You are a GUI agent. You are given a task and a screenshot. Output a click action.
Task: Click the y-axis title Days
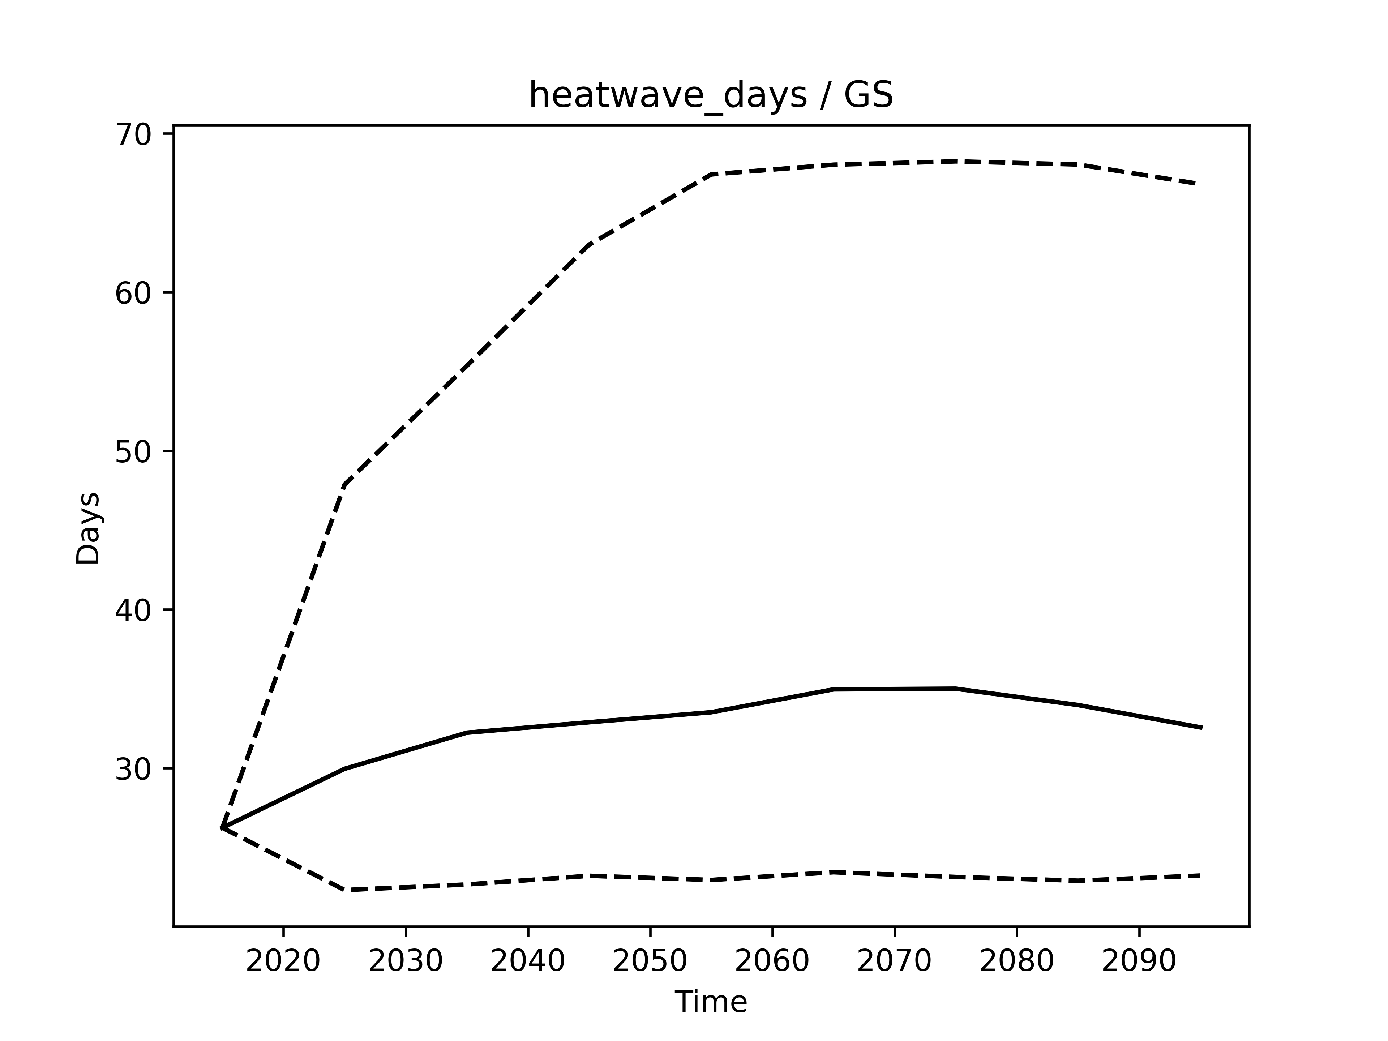pos(88,528)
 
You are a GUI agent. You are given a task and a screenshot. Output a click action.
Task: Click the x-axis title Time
pos(711,1002)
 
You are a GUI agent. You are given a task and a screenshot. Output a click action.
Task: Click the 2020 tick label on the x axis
pos(283,961)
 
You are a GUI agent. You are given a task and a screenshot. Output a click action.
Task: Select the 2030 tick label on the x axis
pos(405,961)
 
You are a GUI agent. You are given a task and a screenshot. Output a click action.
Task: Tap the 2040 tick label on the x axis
pos(528,961)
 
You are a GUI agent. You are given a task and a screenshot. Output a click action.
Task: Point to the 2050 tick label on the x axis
pos(650,961)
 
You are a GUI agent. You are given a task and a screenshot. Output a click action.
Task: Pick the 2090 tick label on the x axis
pos(1139,961)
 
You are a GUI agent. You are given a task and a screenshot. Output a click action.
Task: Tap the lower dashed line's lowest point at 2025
pos(344,890)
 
